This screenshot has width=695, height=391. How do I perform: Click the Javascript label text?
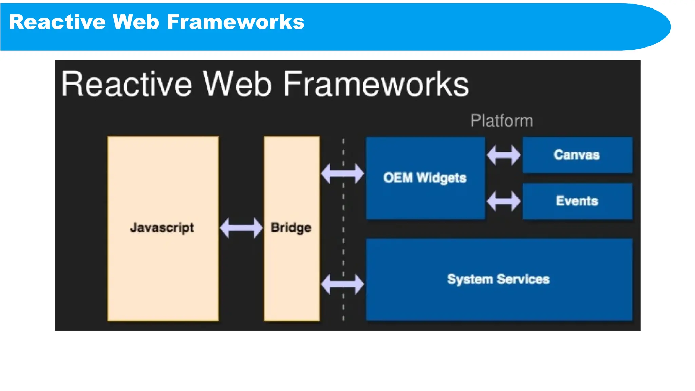[162, 228]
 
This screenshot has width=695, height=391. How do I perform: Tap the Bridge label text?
[291, 228]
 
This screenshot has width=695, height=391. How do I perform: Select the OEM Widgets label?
[425, 178]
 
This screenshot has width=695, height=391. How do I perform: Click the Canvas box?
[577, 155]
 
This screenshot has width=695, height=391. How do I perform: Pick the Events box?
[577, 201]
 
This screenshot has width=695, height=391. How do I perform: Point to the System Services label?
[498, 279]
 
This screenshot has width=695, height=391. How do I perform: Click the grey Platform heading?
[502, 121]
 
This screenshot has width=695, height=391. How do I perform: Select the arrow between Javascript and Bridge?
[241, 228]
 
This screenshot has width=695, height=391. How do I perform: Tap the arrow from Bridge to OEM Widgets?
[342, 173]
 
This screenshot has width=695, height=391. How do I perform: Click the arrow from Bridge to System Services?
[342, 284]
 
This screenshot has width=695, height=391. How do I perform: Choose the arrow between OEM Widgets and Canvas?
[504, 155]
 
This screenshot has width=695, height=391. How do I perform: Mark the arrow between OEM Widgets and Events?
[504, 201]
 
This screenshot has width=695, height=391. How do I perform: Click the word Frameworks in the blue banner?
[236, 22]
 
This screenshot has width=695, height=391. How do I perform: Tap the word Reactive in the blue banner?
[57, 22]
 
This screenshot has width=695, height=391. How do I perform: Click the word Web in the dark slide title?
[237, 84]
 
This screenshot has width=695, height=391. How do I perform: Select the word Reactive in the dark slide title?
[127, 84]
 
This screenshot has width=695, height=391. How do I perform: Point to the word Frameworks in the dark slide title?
[376, 84]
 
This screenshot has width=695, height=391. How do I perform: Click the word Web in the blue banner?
[136, 22]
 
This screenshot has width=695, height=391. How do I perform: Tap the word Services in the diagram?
[523, 279]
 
